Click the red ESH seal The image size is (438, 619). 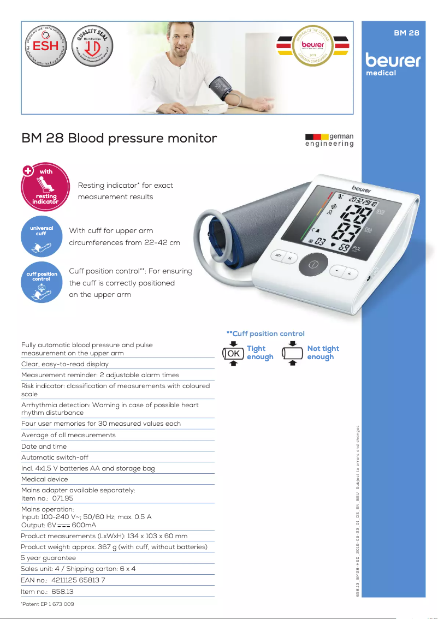coord(46,46)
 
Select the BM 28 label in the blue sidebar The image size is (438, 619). coord(406,33)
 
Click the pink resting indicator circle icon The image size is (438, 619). coord(46,187)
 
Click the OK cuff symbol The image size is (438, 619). coord(233,353)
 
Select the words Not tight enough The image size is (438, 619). coord(323,353)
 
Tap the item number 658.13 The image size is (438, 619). coord(62,592)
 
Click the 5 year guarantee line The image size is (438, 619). coord(49,558)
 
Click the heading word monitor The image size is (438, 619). coord(187,138)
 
